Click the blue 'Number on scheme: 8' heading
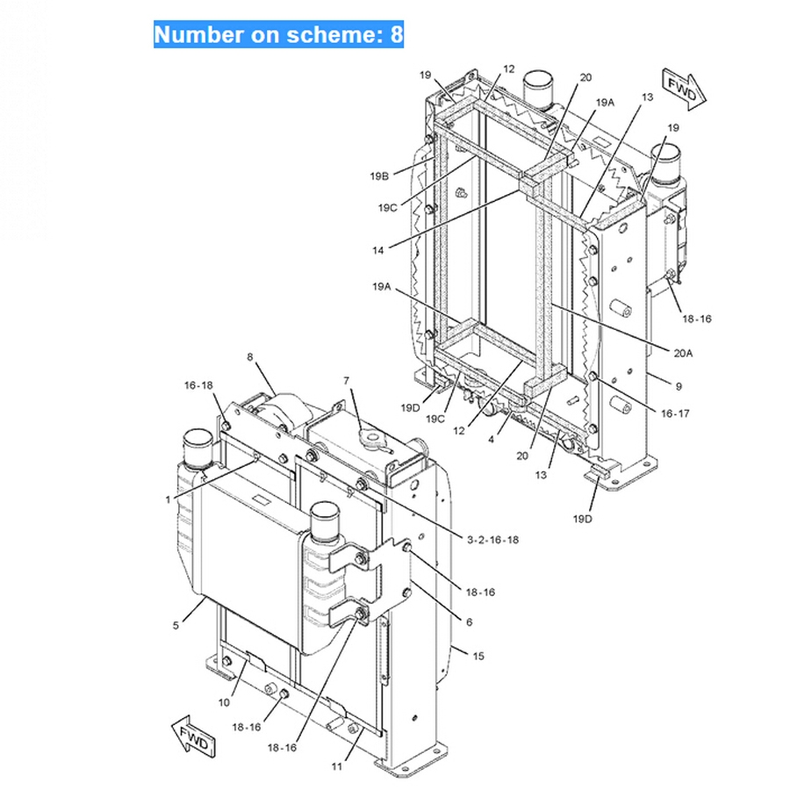pyautogui.click(x=278, y=34)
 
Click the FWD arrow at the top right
pyautogui.click(x=684, y=90)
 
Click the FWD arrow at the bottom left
pyautogui.click(x=194, y=736)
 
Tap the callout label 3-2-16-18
pyautogui.click(x=492, y=540)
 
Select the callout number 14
pyautogui.click(x=377, y=250)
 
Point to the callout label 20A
pyautogui.click(x=683, y=353)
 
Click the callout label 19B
pyautogui.click(x=379, y=176)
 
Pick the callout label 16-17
pyautogui.click(x=675, y=413)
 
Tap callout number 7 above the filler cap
pyautogui.click(x=346, y=381)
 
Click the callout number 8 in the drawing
pyautogui.click(x=250, y=357)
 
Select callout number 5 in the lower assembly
pyautogui.click(x=176, y=626)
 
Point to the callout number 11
pyautogui.click(x=336, y=766)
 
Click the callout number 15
pyautogui.click(x=478, y=656)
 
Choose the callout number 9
pyautogui.click(x=679, y=386)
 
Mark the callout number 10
pyautogui.click(x=224, y=702)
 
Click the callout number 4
pyautogui.click(x=492, y=440)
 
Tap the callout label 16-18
pyautogui.click(x=198, y=385)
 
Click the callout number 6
pyautogui.click(x=469, y=622)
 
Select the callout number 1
pyautogui.click(x=168, y=499)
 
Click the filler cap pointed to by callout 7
pyautogui.click(x=373, y=438)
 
